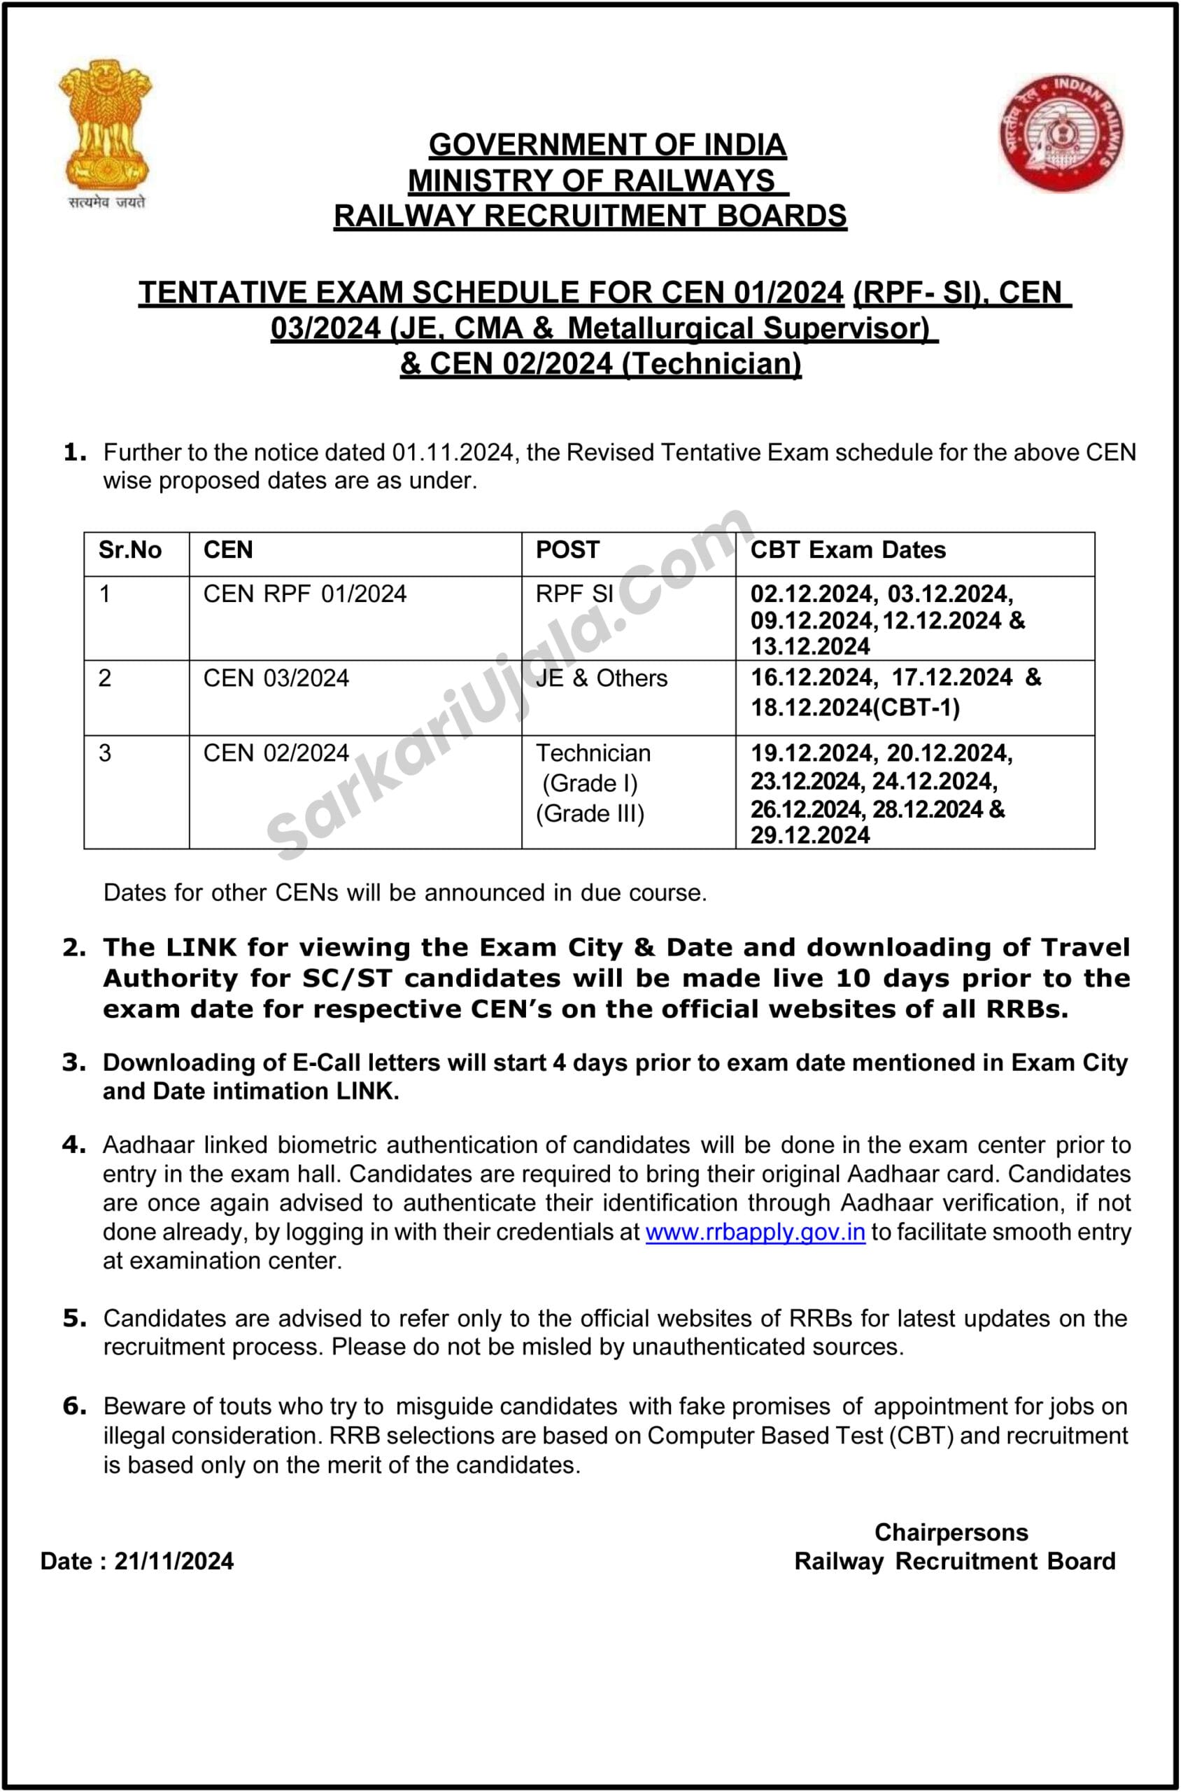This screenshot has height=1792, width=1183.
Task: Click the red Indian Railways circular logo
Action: pos(1061,133)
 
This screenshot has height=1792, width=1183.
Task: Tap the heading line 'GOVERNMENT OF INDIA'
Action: pos(607,145)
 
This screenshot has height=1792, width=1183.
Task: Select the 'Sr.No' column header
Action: pos(129,550)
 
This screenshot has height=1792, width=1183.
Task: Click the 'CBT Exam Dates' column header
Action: pos(847,550)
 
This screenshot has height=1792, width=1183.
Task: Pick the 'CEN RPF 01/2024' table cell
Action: pos(305,594)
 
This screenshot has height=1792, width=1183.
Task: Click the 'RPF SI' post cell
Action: pos(574,594)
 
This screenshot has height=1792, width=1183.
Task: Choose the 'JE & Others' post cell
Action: pos(602,678)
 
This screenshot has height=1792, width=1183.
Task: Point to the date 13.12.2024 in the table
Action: pos(809,647)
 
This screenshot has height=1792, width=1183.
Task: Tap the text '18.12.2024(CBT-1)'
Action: pos(855,708)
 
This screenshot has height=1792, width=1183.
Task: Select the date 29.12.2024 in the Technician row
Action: pos(809,836)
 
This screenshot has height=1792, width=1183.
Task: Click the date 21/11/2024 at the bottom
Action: pos(173,1561)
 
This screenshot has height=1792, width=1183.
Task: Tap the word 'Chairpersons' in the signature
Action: pos(951,1532)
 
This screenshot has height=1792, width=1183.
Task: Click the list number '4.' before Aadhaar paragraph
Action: pos(74,1145)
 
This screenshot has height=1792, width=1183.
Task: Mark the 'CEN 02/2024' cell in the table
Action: pos(276,753)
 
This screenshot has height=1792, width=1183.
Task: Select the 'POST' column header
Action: pos(567,550)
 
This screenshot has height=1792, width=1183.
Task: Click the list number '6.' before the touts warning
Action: pos(74,1406)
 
